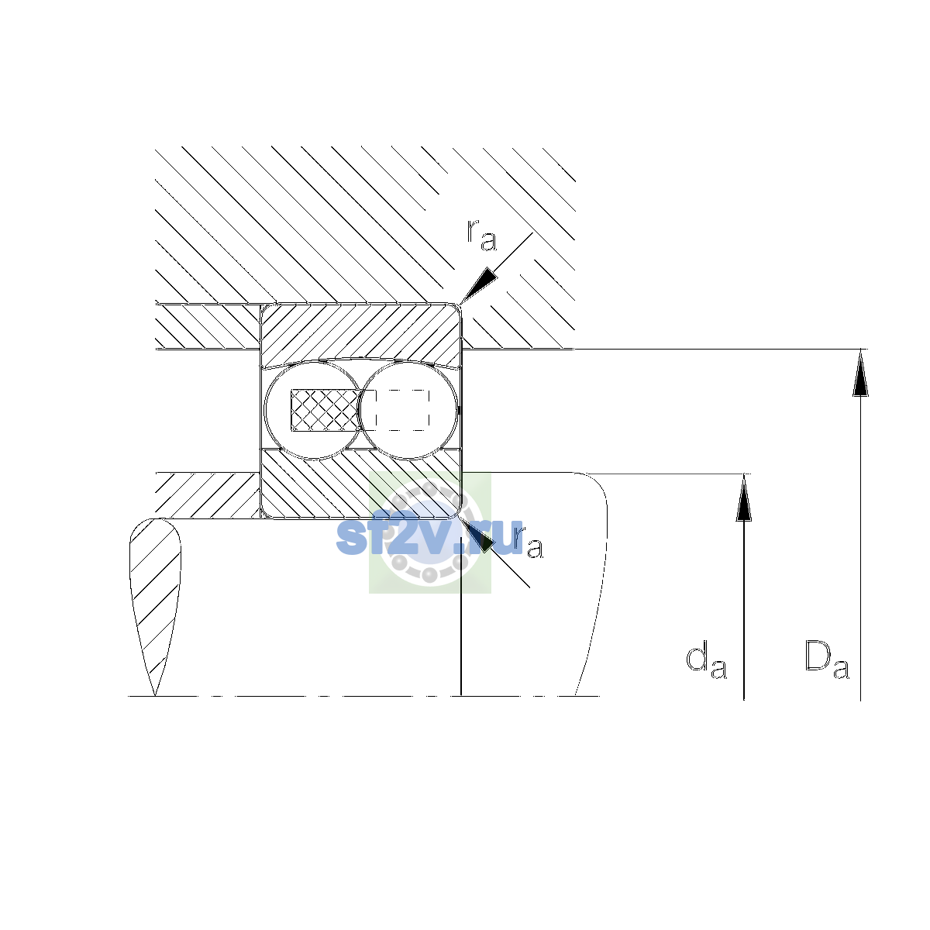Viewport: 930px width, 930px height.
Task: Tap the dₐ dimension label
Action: tap(706, 660)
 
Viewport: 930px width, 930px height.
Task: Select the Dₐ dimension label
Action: tap(827, 660)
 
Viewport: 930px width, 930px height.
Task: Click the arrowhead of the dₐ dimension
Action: tap(744, 498)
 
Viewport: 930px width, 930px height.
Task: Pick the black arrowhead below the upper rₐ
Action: tap(479, 285)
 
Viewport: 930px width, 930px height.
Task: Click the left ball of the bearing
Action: tap(313, 410)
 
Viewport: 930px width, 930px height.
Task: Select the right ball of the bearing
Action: tap(408, 410)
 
